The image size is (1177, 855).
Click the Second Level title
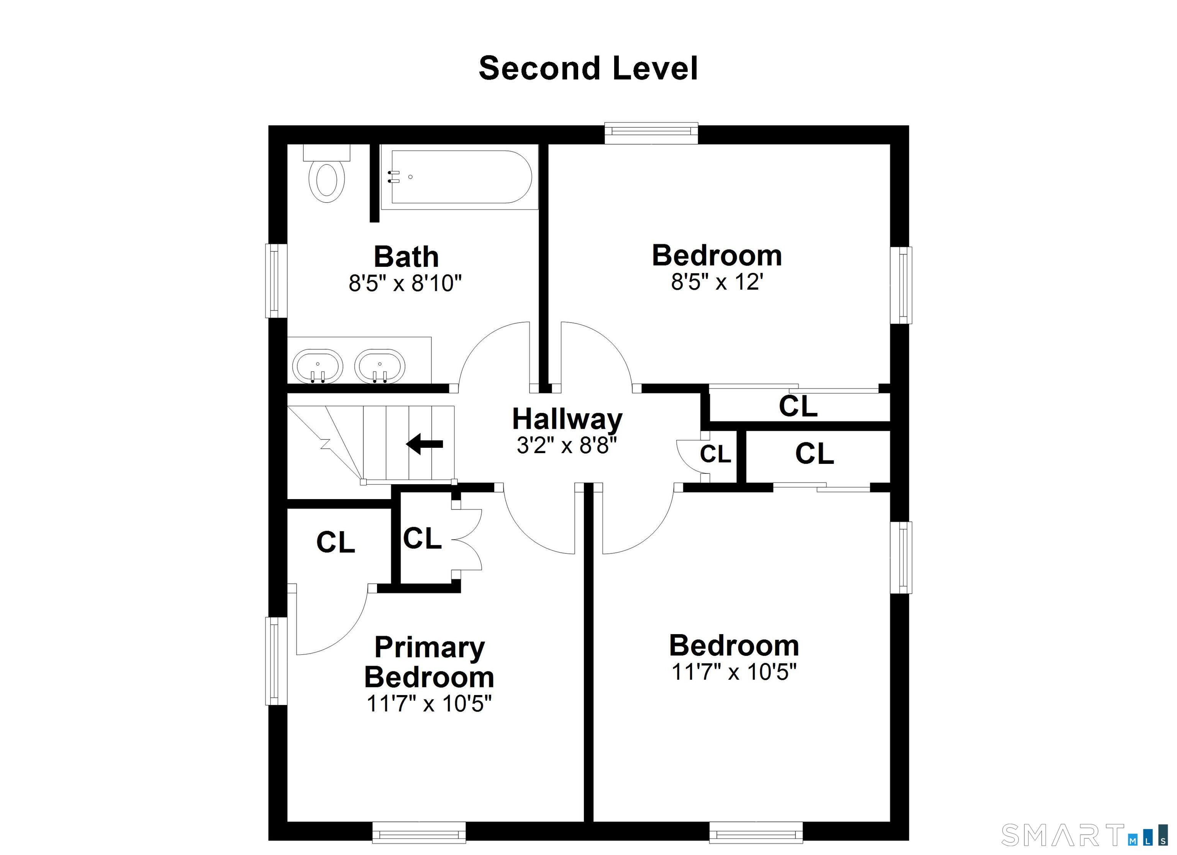588,69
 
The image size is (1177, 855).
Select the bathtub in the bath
459,177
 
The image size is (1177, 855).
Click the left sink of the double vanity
318,365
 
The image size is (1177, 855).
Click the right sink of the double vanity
379,365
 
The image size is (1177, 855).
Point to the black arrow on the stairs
425,444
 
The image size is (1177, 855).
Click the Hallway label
567,419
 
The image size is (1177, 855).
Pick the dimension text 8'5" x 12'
717,282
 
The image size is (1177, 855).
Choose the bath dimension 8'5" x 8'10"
405,283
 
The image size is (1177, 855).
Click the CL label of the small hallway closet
715,454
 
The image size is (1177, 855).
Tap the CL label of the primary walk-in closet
335,542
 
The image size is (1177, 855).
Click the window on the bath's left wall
276,281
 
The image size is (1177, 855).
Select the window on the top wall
651,133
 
